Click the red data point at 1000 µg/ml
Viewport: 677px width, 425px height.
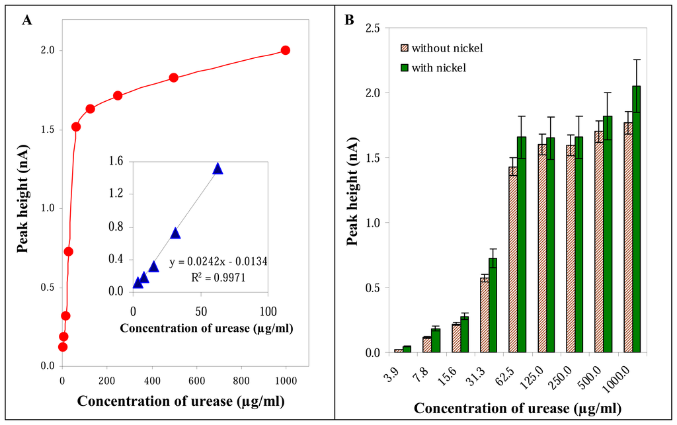click(285, 50)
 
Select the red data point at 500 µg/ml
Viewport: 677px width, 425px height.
click(174, 78)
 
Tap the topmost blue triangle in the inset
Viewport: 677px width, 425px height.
click(218, 169)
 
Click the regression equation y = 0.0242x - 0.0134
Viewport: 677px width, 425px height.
click(218, 262)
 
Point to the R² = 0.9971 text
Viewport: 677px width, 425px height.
click(218, 277)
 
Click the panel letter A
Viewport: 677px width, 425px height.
click(26, 20)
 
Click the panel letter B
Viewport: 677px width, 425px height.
click(349, 20)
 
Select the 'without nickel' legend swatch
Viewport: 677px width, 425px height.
click(404, 48)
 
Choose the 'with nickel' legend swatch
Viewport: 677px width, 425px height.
click(404, 67)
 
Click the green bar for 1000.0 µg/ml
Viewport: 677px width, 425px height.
click(637, 219)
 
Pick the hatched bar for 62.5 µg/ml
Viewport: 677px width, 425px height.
click(513, 260)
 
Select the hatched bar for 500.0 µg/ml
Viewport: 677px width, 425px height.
click(599, 242)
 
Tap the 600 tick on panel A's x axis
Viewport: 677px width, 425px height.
click(196, 381)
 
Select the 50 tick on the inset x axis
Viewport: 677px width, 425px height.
click(200, 311)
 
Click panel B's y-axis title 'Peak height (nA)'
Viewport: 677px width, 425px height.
click(352, 192)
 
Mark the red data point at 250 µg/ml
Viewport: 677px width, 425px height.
click(118, 95)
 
